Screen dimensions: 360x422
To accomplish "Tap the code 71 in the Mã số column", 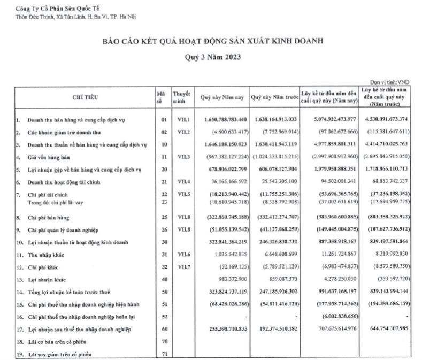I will click(x=164, y=353).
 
